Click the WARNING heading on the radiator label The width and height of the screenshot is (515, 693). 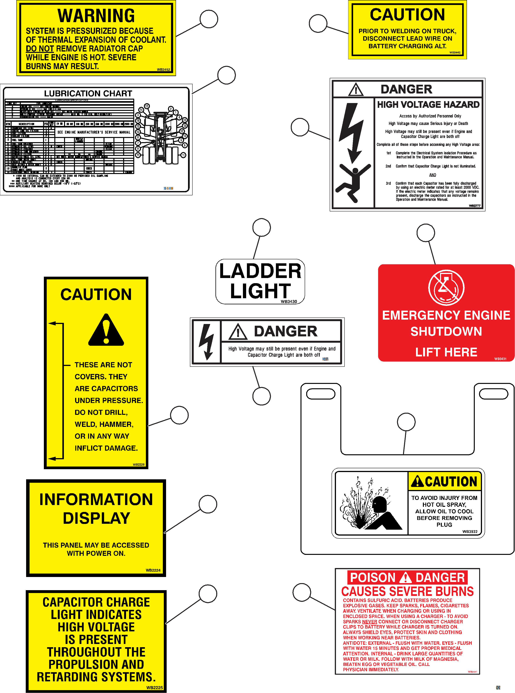tap(96, 16)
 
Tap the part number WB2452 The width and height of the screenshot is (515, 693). tap(163, 70)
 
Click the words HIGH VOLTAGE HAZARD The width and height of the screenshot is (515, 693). tap(428, 105)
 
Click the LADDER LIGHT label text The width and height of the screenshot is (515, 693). tap(260, 281)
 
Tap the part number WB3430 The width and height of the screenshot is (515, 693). tap(289, 302)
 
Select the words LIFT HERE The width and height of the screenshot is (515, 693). tap(446, 352)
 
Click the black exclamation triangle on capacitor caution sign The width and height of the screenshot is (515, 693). tap(106, 331)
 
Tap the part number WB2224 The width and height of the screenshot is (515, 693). tap(153, 570)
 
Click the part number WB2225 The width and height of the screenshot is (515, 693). tap(155, 687)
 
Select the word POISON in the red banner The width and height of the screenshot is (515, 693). tap(373, 578)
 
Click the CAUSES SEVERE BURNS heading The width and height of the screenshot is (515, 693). tap(407, 591)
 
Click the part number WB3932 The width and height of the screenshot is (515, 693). tap(470, 531)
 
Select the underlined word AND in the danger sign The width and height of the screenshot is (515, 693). tap(433, 175)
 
